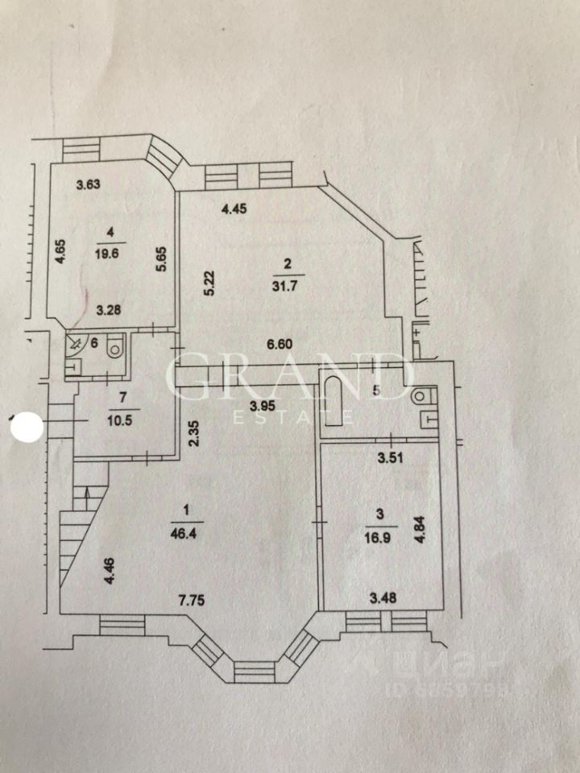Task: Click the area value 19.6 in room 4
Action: tap(111, 252)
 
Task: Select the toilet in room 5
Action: tap(422, 397)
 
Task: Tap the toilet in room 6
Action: tap(115, 348)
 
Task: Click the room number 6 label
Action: tap(93, 343)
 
